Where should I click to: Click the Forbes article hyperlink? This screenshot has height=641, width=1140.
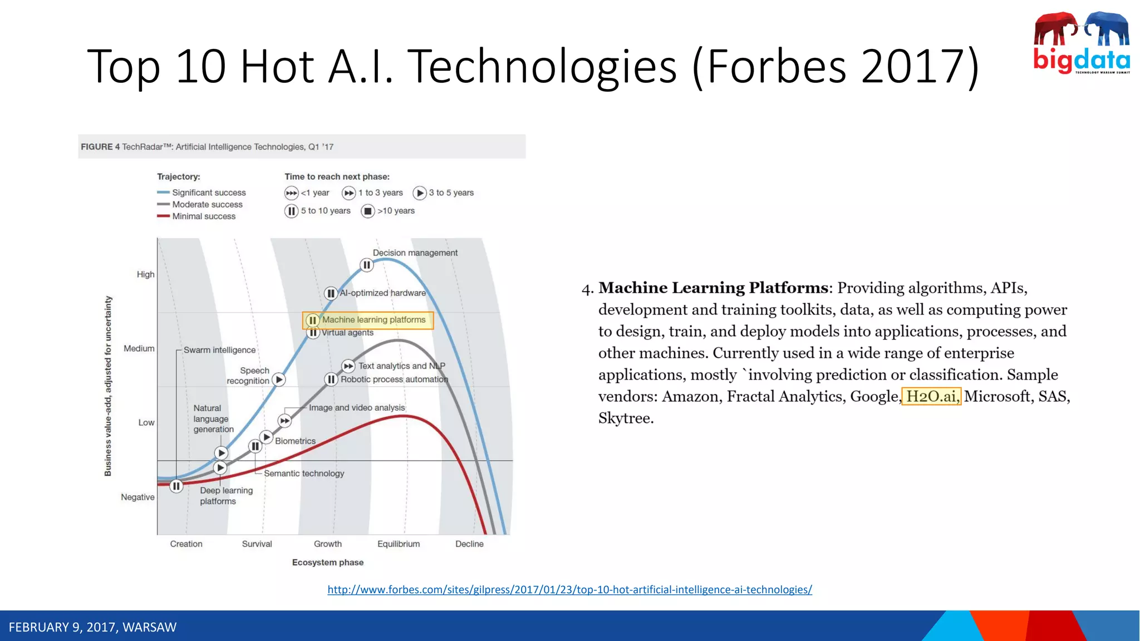[569, 589]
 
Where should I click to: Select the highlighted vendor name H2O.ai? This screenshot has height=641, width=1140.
[931, 396]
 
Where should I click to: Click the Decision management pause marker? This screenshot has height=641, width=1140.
[366, 265]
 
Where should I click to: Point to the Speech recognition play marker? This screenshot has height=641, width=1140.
[279, 380]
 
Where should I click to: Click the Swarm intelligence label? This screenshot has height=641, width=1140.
[219, 350]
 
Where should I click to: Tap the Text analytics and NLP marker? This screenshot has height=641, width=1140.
[348, 366]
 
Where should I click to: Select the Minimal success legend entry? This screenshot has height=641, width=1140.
[203, 216]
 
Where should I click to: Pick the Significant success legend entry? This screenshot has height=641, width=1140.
[208, 193]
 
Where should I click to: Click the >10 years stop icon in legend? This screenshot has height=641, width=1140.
[368, 211]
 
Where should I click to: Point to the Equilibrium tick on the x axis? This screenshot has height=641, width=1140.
[399, 544]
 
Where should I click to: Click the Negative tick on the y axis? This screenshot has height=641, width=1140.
[137, 497]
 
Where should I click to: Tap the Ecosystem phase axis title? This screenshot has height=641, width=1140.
[327, 563]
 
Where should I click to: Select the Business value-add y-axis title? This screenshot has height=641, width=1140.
[108, 386]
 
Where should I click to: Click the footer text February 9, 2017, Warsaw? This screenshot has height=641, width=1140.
[92, 627]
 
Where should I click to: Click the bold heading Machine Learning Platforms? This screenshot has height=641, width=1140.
[713, 288]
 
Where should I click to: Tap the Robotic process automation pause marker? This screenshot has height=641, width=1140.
[331, 379]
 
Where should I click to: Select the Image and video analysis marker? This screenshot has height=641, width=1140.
[284, 421]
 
